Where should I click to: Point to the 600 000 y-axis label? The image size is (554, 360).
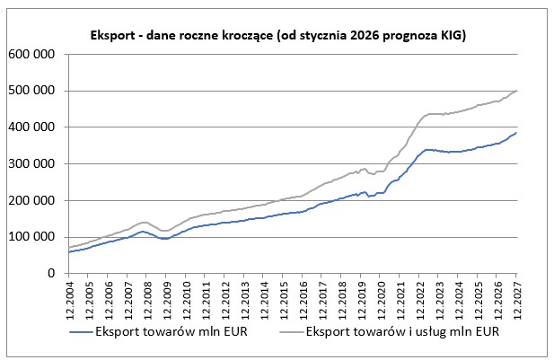(x=32, y=54)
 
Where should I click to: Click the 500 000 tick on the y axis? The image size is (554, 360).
(x=32, y=91)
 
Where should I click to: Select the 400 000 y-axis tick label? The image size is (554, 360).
(x=32, y=127)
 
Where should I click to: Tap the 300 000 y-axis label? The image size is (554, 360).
(x=32, y=164)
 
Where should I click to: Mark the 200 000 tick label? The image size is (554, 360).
(x=32, y=201)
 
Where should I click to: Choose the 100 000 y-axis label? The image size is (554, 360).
(x=32, y=238)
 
